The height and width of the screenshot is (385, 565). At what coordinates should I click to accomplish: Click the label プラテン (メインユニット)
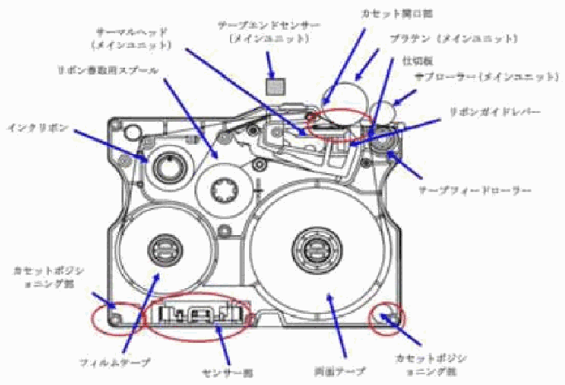coord(453,38)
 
